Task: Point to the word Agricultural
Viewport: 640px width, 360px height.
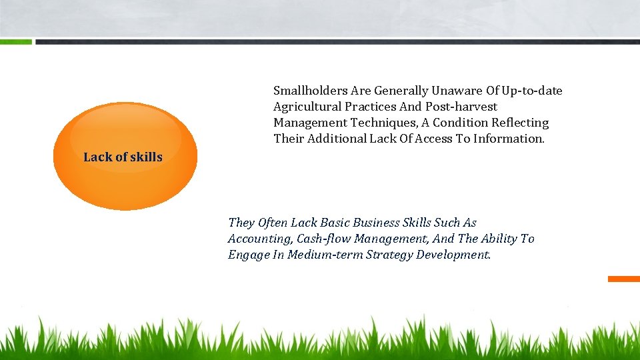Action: (307, 107)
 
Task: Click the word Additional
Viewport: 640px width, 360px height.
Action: (338, 139)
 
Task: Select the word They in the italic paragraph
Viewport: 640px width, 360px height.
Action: (241, 223)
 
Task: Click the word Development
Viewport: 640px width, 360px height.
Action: (453, 255)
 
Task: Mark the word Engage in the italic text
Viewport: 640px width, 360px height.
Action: (249, 255)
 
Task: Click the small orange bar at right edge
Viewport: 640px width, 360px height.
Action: (624, 279)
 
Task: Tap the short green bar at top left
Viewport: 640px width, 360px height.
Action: (15, 41)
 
